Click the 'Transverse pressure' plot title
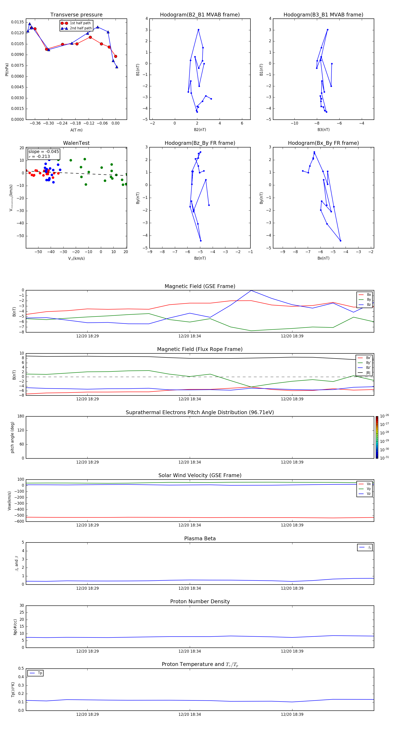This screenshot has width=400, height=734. coord(76,15)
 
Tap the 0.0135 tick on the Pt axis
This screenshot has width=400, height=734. coord(17,22)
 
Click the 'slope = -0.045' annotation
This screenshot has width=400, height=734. coord(44,152)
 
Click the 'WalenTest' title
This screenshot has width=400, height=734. coord(76,143)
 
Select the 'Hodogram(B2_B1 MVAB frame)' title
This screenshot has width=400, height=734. coord(200,15)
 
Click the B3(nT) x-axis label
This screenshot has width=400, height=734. coord(323,130)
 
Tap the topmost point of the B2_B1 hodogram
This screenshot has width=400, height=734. coord(198,30)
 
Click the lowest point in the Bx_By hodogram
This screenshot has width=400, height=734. coord(340,241)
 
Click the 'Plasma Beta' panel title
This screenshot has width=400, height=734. coord(200,538)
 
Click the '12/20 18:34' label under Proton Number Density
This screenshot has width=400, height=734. coord(190,651)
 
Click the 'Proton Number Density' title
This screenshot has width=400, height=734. coord(200,601)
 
